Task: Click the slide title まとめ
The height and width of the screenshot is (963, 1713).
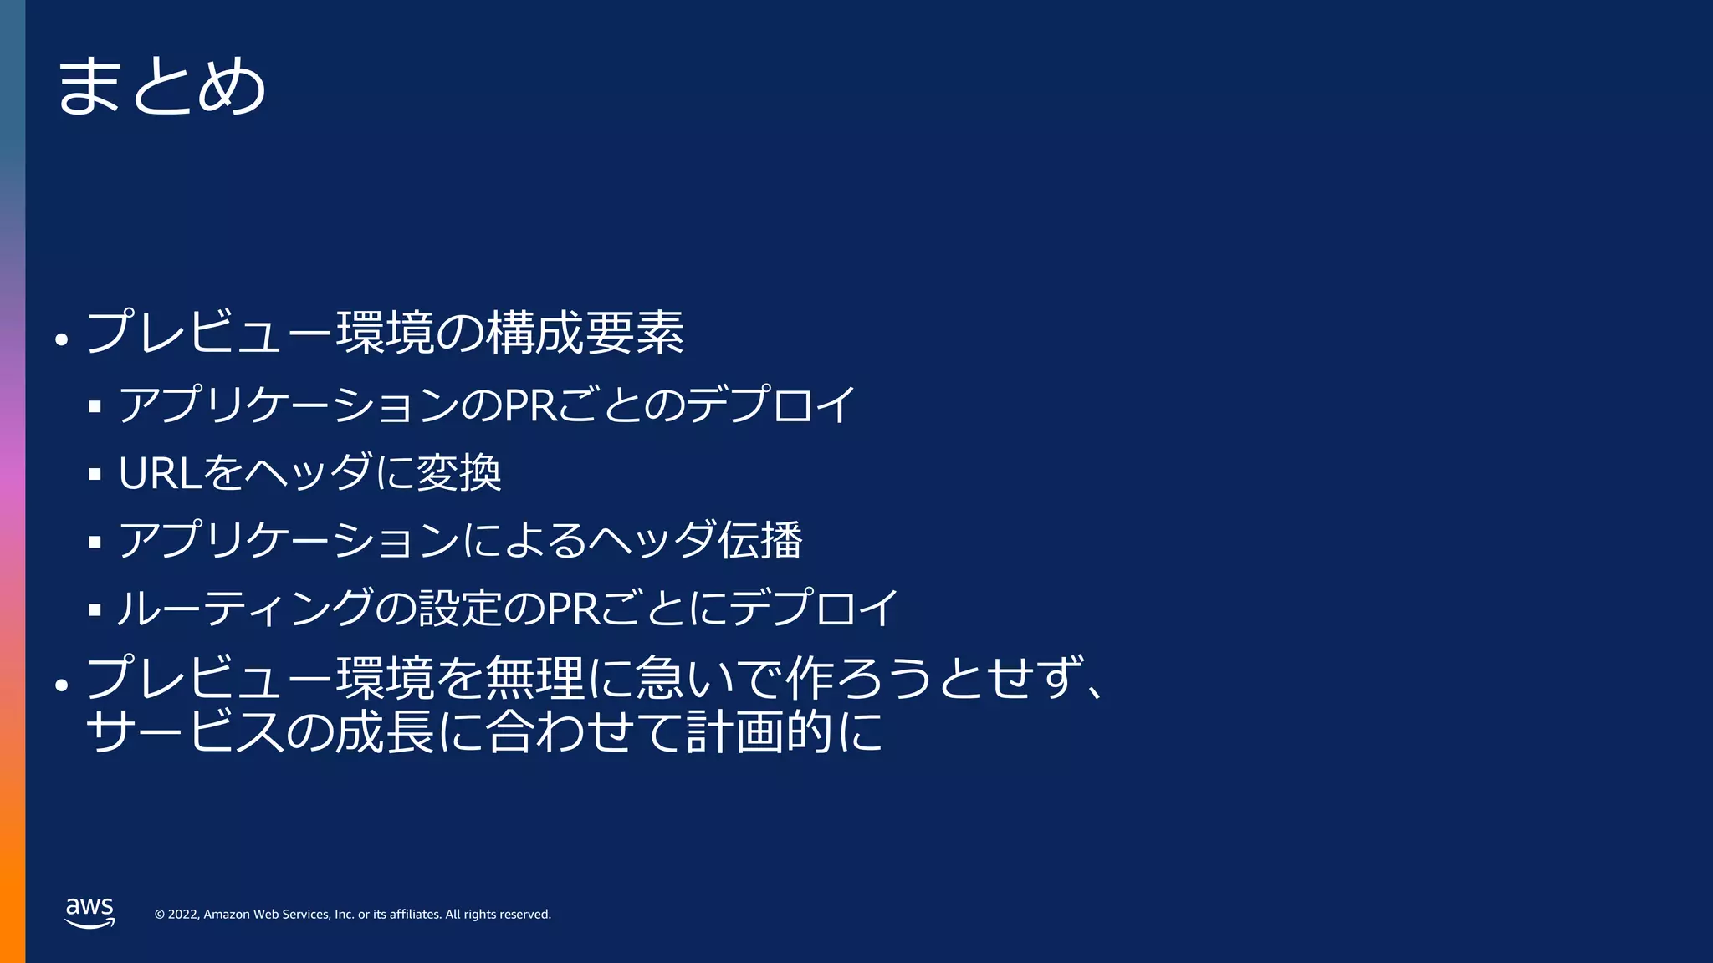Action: [161, 85]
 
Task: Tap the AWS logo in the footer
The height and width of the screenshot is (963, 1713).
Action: [89, 912]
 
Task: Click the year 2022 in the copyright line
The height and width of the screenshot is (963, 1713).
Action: [183, 915]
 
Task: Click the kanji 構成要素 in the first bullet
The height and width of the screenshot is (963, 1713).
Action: [585, 333]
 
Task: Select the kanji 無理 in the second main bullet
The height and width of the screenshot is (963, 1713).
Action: [534, 678]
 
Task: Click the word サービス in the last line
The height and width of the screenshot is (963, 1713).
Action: [184, 731]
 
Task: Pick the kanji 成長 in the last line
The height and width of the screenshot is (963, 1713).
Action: [385, 731]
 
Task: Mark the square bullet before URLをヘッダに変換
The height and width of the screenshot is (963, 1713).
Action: [95, 475]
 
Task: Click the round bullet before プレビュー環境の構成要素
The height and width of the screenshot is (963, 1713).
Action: [61, 340]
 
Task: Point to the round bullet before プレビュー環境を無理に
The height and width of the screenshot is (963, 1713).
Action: [61, 685]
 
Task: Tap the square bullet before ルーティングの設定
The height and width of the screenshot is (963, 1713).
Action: [95, 610]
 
